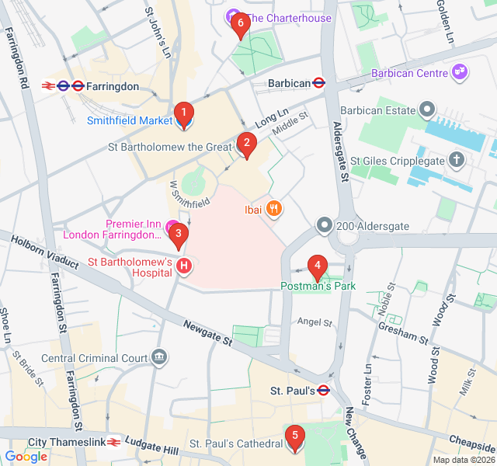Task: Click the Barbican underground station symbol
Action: click(x=318, y=82)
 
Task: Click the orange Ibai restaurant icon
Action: click(x=273, y=208)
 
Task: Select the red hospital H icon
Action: click(x=184, y=266)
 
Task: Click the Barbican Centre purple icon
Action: click(x=460, y=72)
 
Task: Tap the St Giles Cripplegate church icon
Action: click(x=457, y=161)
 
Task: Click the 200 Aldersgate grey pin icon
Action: click(x=324, y=225)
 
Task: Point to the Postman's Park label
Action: click(x=318, y=287)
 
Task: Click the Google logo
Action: click(x=26, y=457)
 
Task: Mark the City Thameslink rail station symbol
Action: click(x=113, y=442)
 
